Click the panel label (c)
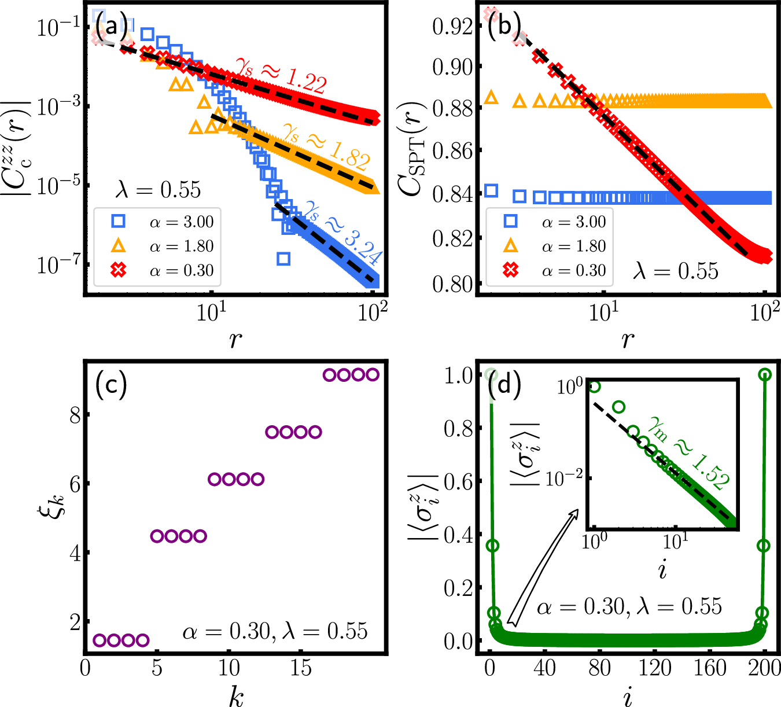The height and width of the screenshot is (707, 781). click(111, 385)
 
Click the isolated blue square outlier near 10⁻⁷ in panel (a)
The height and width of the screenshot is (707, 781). click(283, 259)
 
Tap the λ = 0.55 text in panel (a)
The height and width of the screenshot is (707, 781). click(157, 190)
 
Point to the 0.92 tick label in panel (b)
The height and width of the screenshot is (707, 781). click(450, 27)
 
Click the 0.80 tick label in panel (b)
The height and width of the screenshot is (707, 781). click(450, 284)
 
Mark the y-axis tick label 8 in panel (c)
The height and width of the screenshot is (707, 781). click(75, 415)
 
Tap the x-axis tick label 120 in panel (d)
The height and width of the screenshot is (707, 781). click(655, 669)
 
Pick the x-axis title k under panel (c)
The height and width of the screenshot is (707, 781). click(235, 697)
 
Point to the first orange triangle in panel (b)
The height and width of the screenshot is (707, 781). click(491, 97)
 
